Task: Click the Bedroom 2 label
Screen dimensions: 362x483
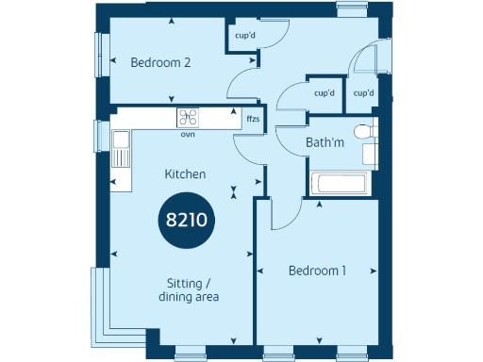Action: coord(160,63)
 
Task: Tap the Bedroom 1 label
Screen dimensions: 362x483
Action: coord(317,271)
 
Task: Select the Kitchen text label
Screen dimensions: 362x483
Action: coord(185,174)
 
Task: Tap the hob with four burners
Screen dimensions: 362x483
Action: coord(188,118)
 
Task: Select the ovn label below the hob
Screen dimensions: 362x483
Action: coord(188,133)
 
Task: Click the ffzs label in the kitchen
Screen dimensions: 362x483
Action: coord(253,120)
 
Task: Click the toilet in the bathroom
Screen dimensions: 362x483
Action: coord(363,132)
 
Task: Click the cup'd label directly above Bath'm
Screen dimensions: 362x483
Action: coord(325,93)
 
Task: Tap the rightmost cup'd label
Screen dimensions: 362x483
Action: coord(364,93)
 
